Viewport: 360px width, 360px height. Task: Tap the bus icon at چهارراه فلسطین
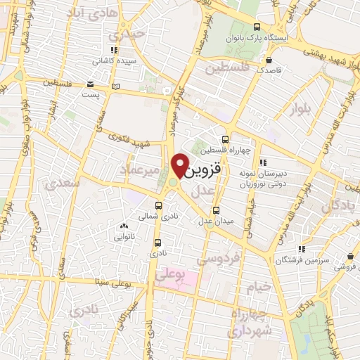(224, 139)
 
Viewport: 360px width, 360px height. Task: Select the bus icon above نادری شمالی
(157, 206)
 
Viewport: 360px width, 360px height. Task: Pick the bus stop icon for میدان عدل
(216, 210)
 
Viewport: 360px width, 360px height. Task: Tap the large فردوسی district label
(218, 259)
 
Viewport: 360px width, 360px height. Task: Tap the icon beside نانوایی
(124, 226)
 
